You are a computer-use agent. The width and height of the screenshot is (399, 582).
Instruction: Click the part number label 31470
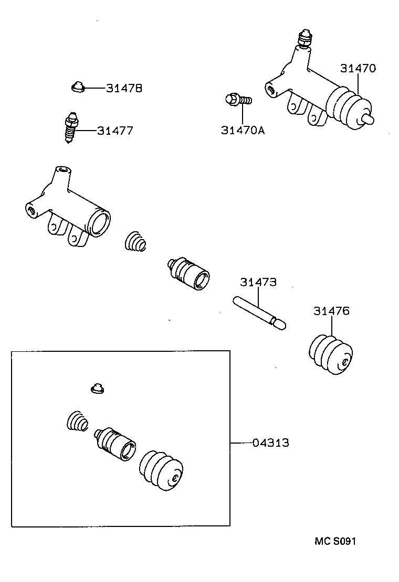[358, 68]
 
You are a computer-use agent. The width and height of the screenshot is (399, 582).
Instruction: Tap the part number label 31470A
[243, 131]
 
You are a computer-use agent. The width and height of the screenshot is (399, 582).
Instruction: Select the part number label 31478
[124, 88]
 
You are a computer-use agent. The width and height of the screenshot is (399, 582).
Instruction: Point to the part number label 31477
[115, 131]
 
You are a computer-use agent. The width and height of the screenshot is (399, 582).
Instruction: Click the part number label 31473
[258, 282]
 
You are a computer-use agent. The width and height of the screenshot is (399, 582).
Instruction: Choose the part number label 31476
[331, 311]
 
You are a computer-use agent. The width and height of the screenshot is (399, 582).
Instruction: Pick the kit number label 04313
[270, 443]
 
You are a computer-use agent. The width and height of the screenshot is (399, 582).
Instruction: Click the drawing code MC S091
[335, 541]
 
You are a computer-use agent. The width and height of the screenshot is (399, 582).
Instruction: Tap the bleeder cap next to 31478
[78, 87]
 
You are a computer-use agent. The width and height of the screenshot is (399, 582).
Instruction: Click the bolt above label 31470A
[237, 99]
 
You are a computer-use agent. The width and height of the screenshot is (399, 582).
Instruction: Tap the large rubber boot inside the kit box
[161, 469]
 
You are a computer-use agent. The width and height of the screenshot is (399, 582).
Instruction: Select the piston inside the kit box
[117, 443]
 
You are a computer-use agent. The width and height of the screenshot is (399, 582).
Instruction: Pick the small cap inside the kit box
[97, 389]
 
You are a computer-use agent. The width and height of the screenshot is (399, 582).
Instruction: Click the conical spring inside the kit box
[77, 421]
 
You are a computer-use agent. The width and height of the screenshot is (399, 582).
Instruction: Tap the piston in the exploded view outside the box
[188, 272]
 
